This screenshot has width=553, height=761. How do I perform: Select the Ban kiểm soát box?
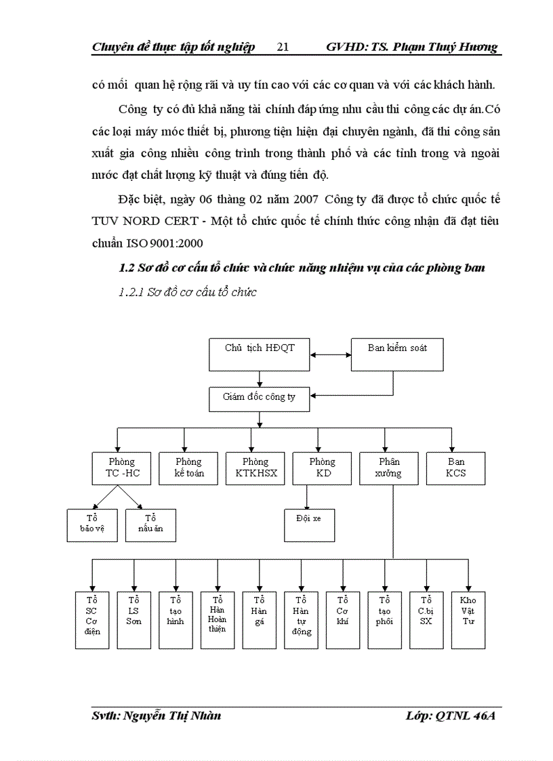(x=397, y=354)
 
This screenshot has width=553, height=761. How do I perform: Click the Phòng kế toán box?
(x=188, y=468)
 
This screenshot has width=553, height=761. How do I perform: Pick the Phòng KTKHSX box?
(x=255, y=468)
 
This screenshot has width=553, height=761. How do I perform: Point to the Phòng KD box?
(x=322, y=468)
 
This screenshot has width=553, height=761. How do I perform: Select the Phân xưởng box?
(x=388, y=468)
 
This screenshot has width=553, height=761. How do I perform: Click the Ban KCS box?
(x=455, y=468)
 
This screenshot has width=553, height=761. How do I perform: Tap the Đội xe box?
(x=309, y=525)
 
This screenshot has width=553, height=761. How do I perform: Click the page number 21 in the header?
(x=283, y=47)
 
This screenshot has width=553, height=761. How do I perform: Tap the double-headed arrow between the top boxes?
(x=330, y=354)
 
